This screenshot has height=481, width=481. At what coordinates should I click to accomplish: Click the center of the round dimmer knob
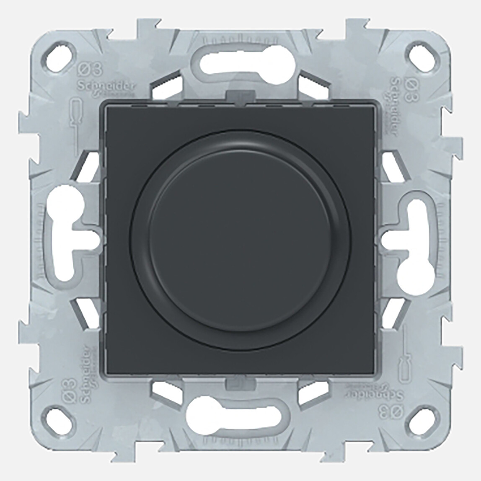(240, 239)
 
